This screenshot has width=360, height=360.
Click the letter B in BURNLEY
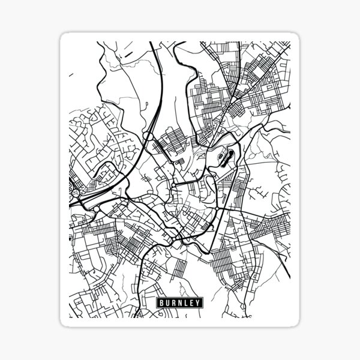161,303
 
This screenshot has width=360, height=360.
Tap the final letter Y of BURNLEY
200,303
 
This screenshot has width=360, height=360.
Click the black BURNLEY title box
180,303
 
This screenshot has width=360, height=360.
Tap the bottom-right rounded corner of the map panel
296,323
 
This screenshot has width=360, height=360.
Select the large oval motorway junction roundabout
147,137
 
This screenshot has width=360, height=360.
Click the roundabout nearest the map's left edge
71,190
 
